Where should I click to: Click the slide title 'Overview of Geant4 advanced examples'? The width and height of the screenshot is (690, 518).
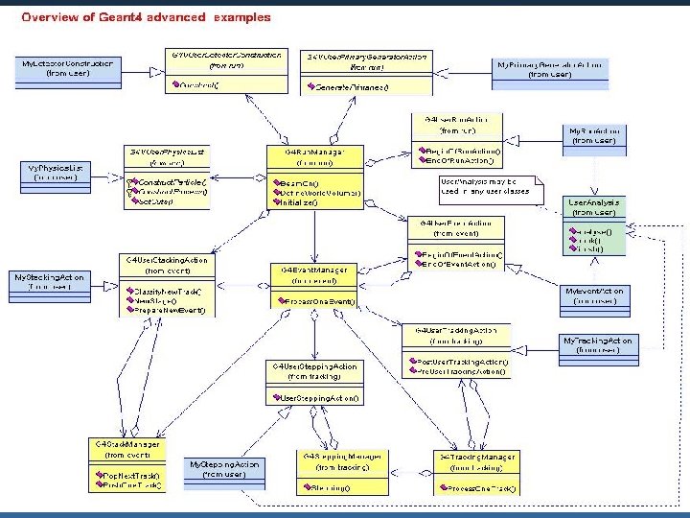[146, 16]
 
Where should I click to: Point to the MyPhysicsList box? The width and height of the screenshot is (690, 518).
[55, 173]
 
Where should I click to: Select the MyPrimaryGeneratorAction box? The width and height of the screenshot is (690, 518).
[551, 68]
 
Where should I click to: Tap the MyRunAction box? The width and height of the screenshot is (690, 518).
[594, 135]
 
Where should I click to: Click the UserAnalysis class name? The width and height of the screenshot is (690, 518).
[594, 202]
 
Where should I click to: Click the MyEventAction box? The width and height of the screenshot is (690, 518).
[595, 295]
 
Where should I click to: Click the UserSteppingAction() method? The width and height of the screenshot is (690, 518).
[316, 397]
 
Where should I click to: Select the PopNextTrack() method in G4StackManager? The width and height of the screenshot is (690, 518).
[132, 475]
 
